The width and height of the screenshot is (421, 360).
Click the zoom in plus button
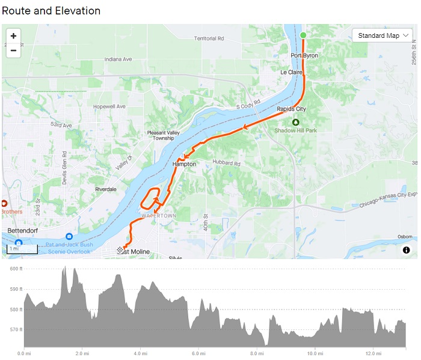tap(13, 36)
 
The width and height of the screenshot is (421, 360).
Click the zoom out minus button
tap(13, 50)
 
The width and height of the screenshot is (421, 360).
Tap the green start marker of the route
tap(303, 35)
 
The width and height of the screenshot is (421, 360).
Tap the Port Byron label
tap(304, 55)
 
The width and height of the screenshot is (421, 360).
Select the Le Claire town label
tap(292, 72)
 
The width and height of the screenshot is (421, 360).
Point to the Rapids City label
tap(292, 109)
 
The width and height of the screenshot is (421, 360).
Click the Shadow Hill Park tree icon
tap(295, 122)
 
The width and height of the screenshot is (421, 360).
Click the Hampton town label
tap(184, 163)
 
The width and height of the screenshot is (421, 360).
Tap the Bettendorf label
tap(24, 231)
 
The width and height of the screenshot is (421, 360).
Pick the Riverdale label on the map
tap(106, 189)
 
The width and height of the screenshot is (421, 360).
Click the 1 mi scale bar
tap(22, 248)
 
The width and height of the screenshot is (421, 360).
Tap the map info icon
tap(407, 249)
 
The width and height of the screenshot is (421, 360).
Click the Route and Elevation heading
tap(51, 11)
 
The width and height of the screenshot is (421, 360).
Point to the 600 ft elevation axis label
tap(16, 269)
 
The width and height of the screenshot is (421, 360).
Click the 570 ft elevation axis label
tap(16, 330)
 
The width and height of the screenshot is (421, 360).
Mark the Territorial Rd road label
tap(209, 38)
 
